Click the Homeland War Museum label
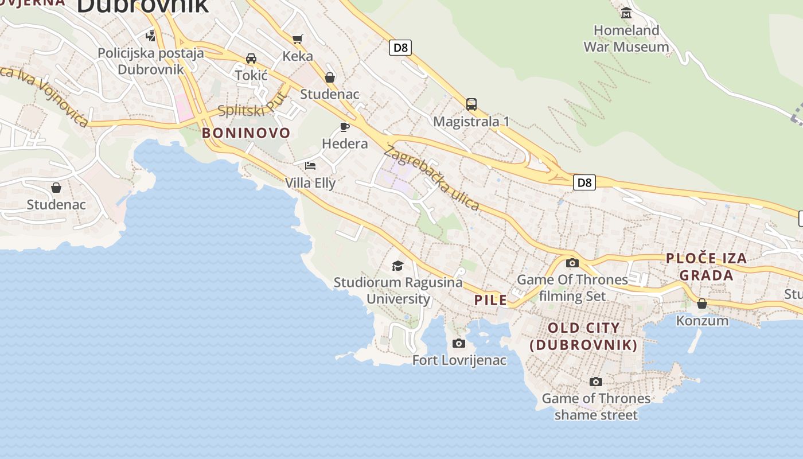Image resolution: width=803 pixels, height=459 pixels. click(626, 38)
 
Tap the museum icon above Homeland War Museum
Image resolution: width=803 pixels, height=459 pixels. click(626, 13)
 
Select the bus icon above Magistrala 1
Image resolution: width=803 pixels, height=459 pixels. click(471, 104)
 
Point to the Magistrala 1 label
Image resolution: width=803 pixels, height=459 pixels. click(471, 122)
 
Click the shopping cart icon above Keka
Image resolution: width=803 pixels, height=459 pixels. click(297, 39)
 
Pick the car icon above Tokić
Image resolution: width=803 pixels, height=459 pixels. click(251, 58)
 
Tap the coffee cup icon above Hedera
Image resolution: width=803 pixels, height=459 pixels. click(344, 126)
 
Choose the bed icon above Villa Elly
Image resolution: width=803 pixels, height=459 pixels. click(310, 166)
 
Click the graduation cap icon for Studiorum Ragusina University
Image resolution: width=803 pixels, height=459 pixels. click(397, 265)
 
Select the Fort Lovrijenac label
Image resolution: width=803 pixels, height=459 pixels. click(459, 360)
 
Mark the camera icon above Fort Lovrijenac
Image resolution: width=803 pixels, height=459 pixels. click(458, 343)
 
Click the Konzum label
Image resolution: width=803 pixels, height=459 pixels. click(702, 321)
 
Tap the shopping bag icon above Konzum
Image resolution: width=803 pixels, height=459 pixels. click(702, 304)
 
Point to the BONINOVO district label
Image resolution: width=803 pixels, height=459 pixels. click(246, 133)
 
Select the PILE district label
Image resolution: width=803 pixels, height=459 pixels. click(490, 300)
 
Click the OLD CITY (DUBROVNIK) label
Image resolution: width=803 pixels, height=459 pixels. click(584, 336)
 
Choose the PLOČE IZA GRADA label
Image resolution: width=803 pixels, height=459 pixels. click(707, 267)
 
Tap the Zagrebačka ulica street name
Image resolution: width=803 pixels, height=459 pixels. click(431, 178)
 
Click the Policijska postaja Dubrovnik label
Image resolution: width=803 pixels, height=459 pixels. click(151, 61)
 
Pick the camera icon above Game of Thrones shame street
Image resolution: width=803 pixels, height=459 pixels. click(596, 382)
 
